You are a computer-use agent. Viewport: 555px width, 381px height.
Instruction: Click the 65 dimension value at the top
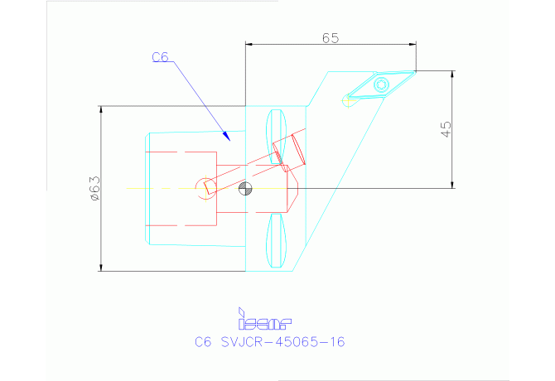coord(330,37)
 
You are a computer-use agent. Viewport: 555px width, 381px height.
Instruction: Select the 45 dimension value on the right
coord(446,128)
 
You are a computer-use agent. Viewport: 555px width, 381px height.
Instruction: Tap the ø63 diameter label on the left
coord(94,188)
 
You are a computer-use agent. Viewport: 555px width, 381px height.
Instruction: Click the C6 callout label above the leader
coord(161,57)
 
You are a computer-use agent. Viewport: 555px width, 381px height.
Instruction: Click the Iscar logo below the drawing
coord(264,318)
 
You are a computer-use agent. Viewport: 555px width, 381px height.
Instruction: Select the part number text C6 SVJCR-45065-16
coord(269,341)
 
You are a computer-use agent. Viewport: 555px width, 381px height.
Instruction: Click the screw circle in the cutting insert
coord(381,84)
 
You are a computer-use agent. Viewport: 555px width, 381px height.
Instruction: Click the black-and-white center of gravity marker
coord(244,189)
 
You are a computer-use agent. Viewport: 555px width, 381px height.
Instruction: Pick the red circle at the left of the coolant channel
coord(203,188)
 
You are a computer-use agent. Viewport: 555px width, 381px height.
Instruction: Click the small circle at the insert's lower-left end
coord(348,101)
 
